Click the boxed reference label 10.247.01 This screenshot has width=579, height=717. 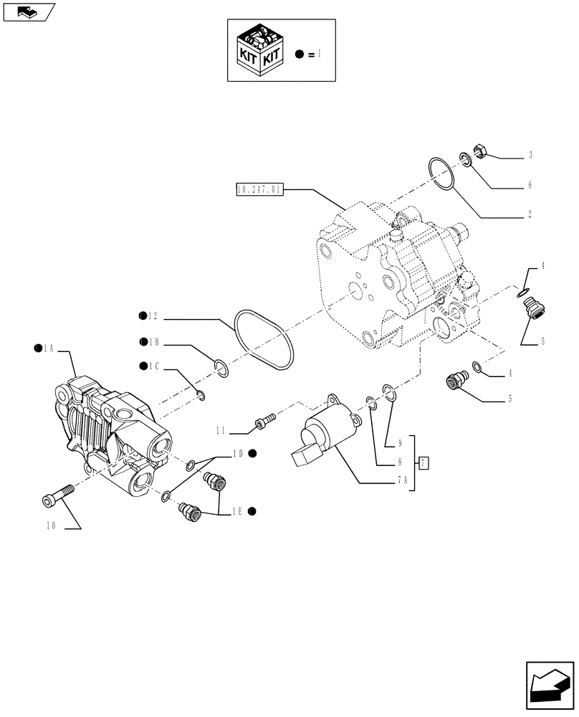coord(259,190)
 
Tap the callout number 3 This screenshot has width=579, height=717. coord(530,155)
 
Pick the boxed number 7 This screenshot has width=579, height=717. coord(424,462)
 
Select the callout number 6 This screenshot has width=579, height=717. coord(530,185)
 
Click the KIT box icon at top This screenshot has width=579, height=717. coord(259,51)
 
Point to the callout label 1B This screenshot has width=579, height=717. coord(153,342)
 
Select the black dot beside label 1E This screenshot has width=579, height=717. coord(254,511)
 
